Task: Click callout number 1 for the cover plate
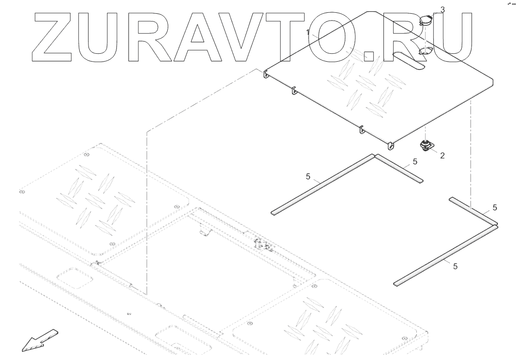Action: [308, 32]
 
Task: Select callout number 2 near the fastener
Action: [442, 156]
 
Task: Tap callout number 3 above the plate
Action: [443, 9]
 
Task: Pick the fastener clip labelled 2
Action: [426, 145]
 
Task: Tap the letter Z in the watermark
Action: [56, 36]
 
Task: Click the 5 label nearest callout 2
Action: [415, 161]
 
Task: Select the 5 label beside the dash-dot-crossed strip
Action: [495, 207]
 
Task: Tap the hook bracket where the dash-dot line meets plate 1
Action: [267, 74]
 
